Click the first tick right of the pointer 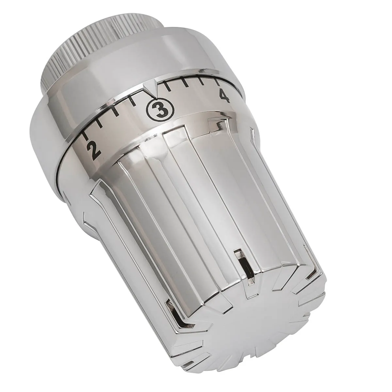point(167,86)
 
